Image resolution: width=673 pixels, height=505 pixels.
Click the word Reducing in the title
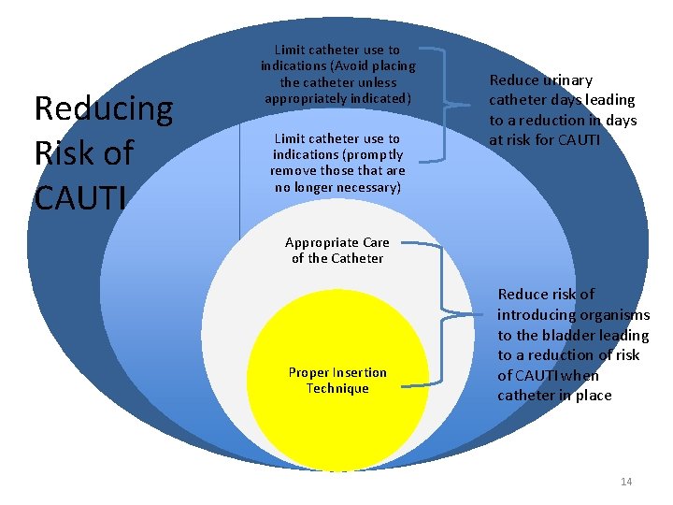point(103,109)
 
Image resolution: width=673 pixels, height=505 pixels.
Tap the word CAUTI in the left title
point(83,197)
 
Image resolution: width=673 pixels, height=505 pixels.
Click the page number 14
point(626,482)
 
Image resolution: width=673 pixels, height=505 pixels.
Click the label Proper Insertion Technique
point(337,381)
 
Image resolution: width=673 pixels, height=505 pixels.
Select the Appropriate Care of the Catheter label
point(336,250)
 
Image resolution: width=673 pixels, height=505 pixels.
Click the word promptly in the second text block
point(375,154)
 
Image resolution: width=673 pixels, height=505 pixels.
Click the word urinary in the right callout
point(566,80)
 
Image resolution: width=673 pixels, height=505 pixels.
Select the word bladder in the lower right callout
point(572,335)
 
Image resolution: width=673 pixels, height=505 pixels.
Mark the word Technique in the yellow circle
point(337,388)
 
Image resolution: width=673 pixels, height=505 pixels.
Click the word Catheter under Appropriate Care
point(357,258)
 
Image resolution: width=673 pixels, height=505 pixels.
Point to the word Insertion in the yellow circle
point(358,372)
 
